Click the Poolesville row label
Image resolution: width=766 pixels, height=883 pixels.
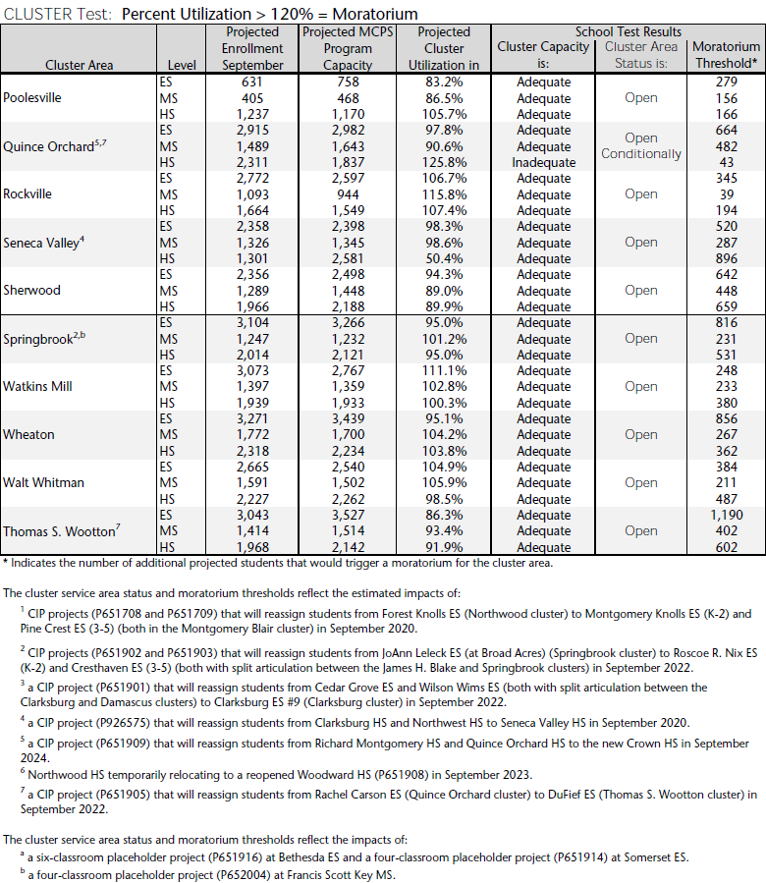click(x=31, y=98)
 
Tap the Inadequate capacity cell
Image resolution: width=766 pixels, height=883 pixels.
click(x=543, y=162)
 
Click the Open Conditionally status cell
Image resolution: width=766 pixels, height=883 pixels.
click(x=640, y=146)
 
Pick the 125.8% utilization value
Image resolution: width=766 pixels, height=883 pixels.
click(x=443, y=162)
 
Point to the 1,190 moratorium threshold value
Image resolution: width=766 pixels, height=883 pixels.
click(x=726, y=516)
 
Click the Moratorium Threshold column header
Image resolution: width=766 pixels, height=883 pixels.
click(x=726, y=56)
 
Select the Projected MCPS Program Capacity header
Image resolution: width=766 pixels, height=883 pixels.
click(x=348, y=48)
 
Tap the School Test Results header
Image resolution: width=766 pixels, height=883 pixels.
click(x=628, y=31)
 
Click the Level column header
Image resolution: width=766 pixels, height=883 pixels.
click(x=182, y=66)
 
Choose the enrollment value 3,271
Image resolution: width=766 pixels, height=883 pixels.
click(x=252, y=419)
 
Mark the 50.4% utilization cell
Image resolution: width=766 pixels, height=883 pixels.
click(x=443, y=258)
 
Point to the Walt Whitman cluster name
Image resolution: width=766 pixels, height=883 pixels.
click(x=43, y=483)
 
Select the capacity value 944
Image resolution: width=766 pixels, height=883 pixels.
click(x=348, y=194)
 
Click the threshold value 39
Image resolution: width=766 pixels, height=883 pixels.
click(x=726, y=194)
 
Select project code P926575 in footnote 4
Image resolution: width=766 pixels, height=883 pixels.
click(x=121, y=723)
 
